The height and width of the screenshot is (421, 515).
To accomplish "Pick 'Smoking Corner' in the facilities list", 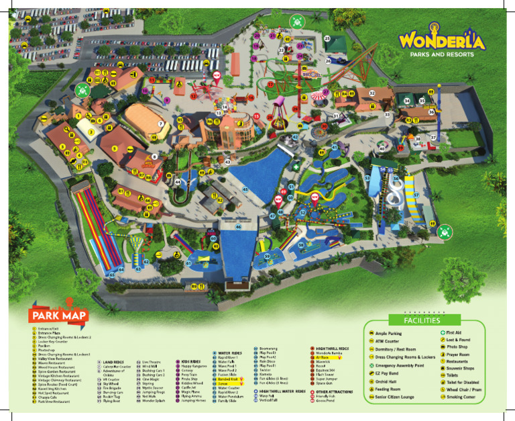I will coord(462,397).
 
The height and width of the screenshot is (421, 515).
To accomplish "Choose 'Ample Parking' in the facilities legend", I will coord(390,333).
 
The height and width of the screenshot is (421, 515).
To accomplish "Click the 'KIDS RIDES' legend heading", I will coord(190,361).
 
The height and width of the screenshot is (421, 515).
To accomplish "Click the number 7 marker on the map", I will coord(160,124).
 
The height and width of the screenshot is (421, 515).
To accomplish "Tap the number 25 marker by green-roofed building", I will coord(327,39).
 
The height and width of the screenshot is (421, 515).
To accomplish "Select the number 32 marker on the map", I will coord(371,93).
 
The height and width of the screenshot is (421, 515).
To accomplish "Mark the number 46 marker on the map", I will coord(239,227).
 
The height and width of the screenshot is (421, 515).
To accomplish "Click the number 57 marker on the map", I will coord(416,195).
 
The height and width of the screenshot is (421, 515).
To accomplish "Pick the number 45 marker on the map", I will coord(245,190).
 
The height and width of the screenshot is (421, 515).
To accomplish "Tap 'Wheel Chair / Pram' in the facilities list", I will coord(465,389).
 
